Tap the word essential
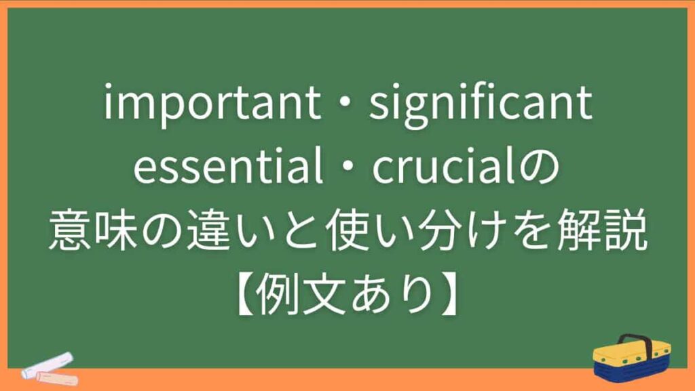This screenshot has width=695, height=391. [227, 169]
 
